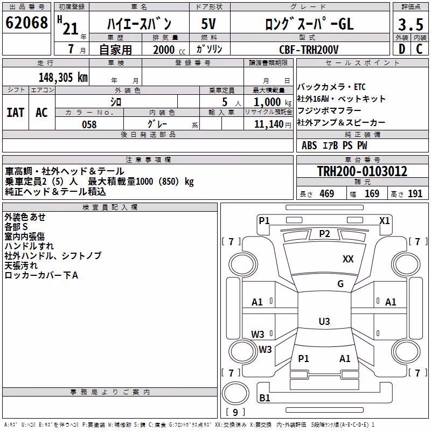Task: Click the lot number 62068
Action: tap(26, 23)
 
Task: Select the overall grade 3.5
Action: tap(411, 24)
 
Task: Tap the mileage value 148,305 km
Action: tap(63, 78)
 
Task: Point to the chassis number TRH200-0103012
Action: tap(362, 171)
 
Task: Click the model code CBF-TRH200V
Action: tap(309, 50)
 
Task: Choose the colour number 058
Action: tap(89, 124)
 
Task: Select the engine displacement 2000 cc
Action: tap(169, 50)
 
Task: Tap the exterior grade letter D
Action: tap(402, 49)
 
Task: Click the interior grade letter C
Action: tap(419, 49)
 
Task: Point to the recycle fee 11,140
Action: tap(268, 124)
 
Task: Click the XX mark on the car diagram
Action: tap(348, 259)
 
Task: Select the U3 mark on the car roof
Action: tap(324, 321)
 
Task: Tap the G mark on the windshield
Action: tap(340, 284)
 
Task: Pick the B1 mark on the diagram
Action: tap(265, 398)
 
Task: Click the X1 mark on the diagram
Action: tap(384, 221)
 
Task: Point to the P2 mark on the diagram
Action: tap(324, 234)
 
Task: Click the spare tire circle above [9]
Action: tap(235, 393)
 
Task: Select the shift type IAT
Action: tap(16, 113)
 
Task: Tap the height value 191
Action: tap(415, 194)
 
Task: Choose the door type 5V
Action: tap(208, 24)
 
